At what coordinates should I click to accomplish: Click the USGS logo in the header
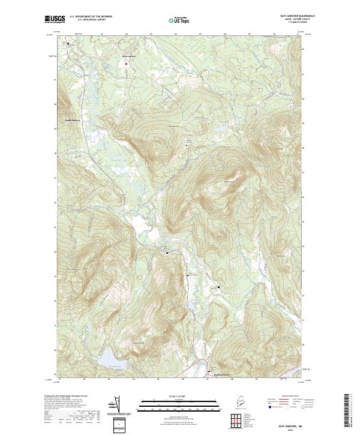point(54,19)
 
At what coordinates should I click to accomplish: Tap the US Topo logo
point(180,20)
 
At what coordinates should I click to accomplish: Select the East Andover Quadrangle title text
point(295,16)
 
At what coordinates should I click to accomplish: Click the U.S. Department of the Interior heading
point(91,16)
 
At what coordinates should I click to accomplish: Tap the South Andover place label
point(73,119)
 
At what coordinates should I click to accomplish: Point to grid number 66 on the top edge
point(175,34)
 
